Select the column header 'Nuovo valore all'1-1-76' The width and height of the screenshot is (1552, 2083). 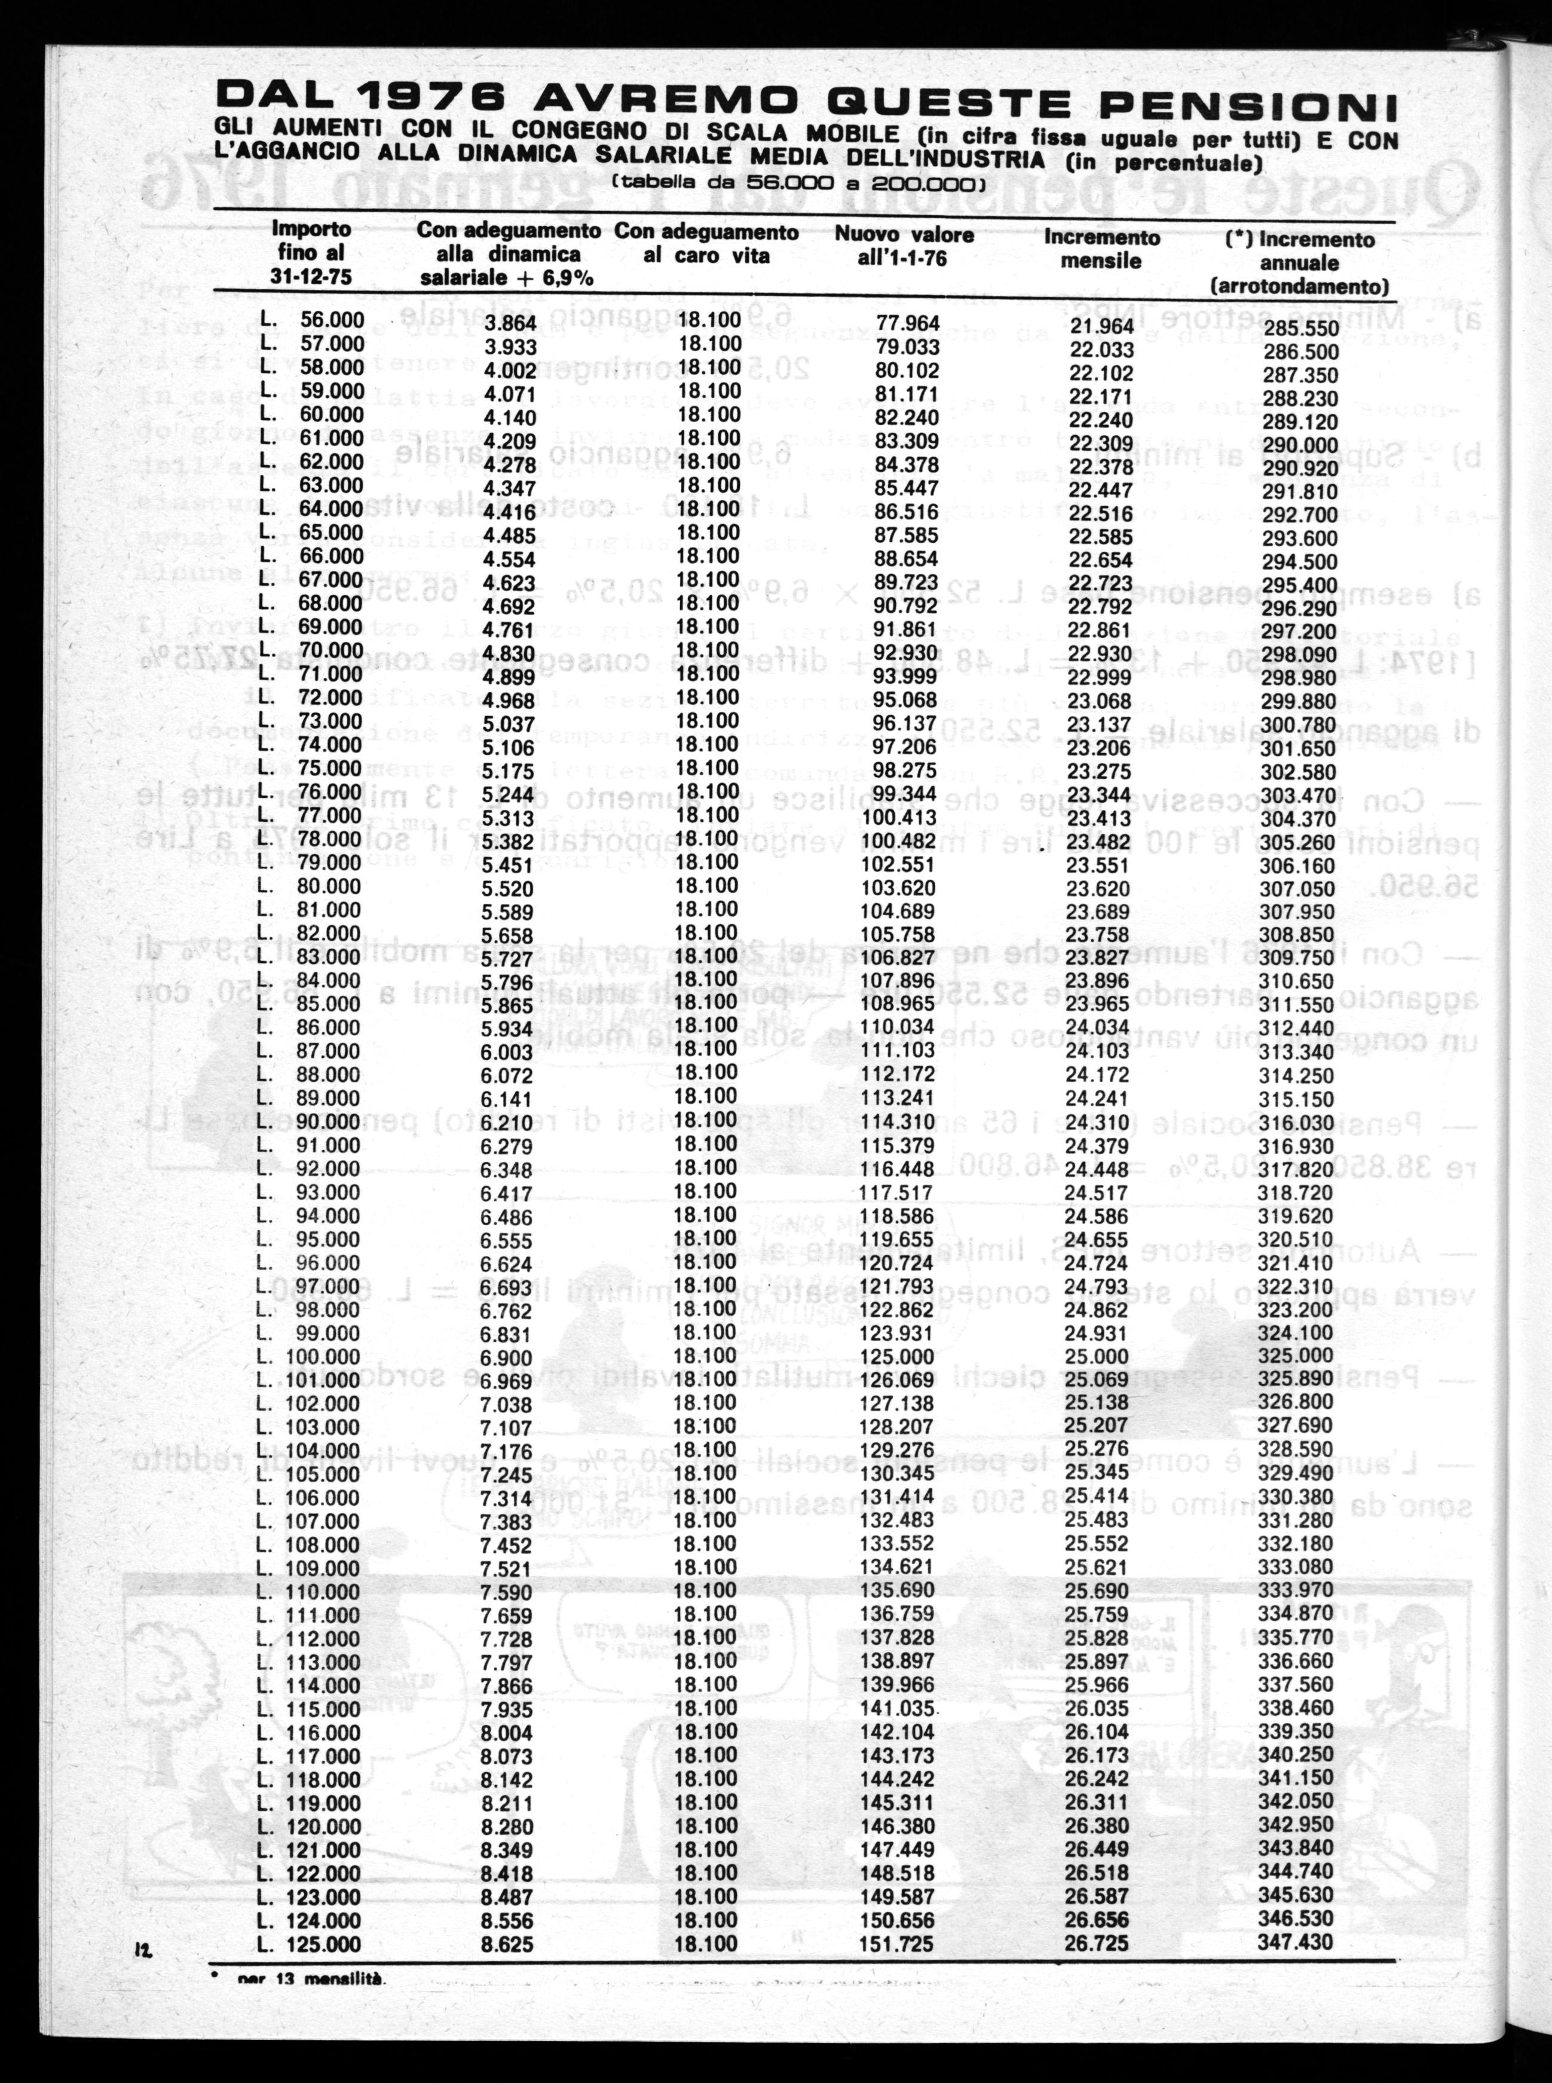click(904, 246)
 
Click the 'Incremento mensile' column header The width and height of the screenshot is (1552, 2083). click(1102, 249)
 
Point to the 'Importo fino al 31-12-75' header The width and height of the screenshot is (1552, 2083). click(311, 252)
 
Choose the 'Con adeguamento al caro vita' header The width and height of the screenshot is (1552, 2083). click(706, 243)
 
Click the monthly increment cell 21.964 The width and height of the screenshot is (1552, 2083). click(1102, 326)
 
